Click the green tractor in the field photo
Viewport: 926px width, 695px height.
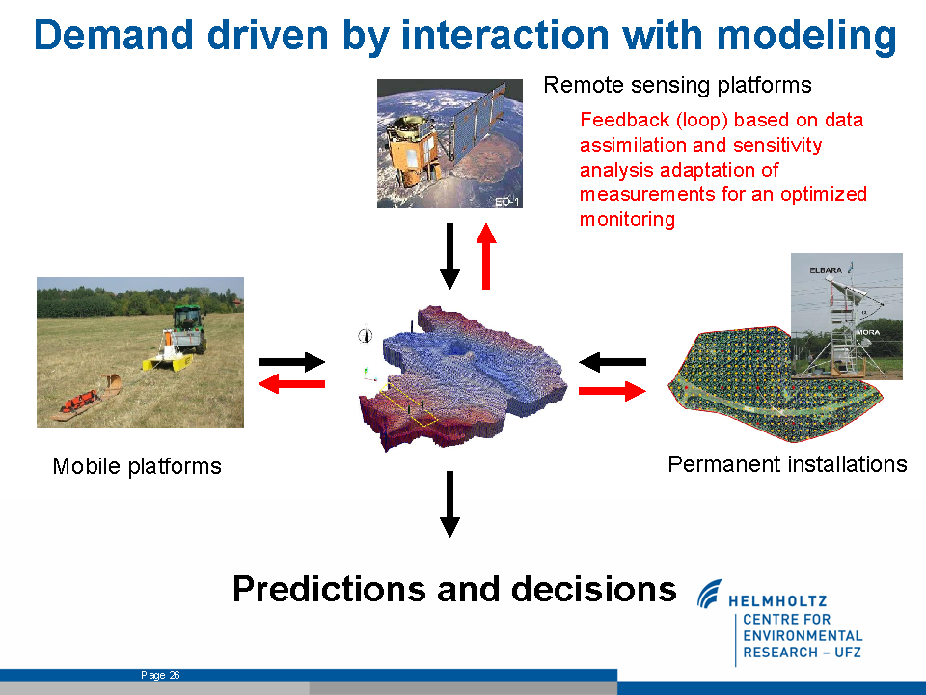click(x=188, y=327)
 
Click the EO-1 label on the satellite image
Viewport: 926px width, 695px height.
click(x=506, y=202)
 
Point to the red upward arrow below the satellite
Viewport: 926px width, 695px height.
click(x=486, y=256)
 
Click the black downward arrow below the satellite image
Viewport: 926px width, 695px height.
click(x=450, y=256)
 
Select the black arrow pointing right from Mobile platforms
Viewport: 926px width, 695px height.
click(x=291, y=362)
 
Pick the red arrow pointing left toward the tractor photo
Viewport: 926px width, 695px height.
click(x=291, y=384)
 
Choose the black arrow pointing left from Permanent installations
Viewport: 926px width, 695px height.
click(x=613, y=362)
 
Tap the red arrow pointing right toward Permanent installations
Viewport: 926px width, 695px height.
click(x=613, y=391)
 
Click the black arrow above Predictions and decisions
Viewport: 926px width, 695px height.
click(x=450, y=504)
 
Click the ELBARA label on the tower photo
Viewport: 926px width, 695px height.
click(x=826, y=270)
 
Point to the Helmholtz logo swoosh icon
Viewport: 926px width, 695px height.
click(x=709, y=594)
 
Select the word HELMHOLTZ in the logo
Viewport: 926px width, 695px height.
click(x=777, y=601)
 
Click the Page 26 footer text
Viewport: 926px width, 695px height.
click(x=160, y=675)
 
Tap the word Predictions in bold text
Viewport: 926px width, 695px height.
click(x=329, y=589)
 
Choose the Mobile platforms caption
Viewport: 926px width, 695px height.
click(x=137, y=466)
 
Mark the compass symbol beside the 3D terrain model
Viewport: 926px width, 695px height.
click(x=366, y=335)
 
